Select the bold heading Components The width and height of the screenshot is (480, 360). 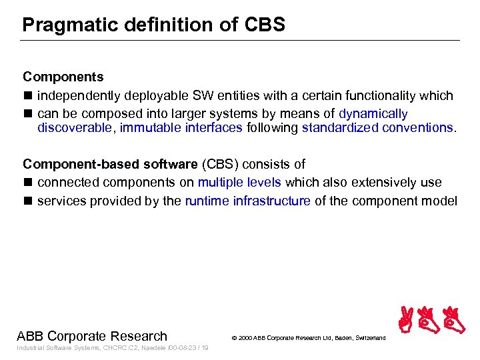[63, 77]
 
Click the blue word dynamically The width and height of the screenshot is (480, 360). [373, 114]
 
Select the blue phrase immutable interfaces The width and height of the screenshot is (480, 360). [181, 127]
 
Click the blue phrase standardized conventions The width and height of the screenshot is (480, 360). [377, 127]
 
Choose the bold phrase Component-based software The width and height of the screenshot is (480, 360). [110, 164]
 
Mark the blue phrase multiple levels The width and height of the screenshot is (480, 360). [239, 183]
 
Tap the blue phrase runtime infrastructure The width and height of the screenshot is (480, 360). [247, 201]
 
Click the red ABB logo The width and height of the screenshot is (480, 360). [431, 319]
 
